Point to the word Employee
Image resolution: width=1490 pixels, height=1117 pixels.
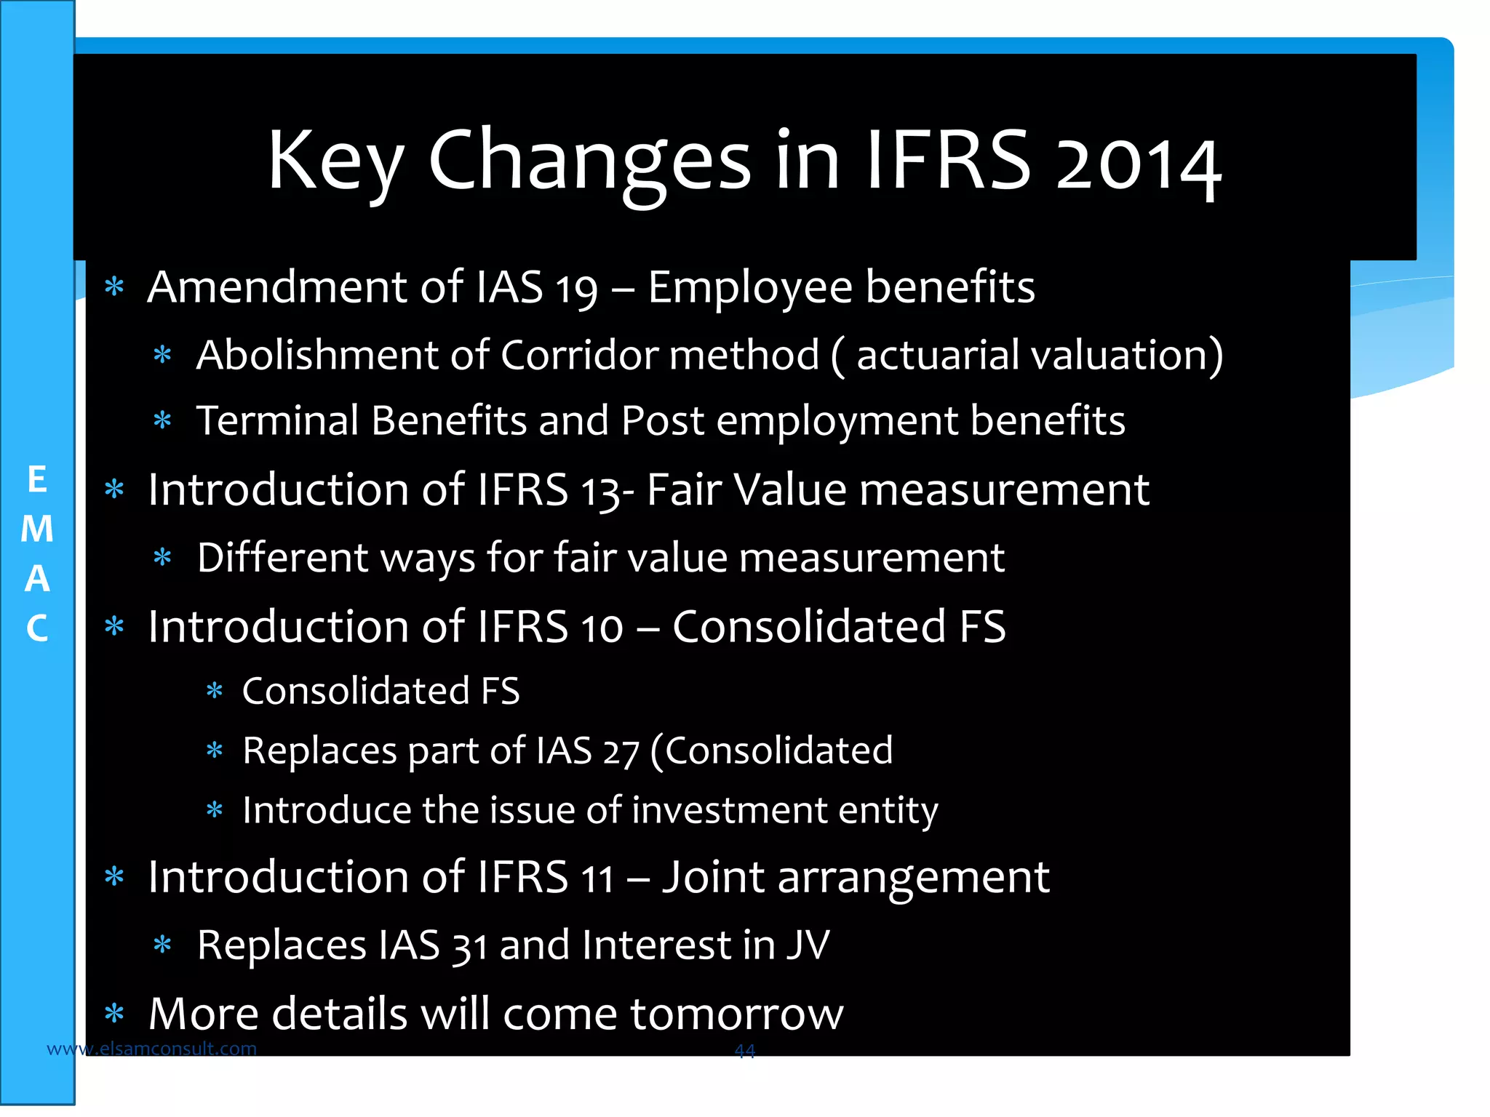coord(749,288)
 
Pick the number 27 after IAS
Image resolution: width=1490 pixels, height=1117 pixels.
coord(620,752)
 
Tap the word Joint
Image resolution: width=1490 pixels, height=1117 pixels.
coord(712,877)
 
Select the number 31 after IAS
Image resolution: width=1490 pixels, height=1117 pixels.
coord(469,947)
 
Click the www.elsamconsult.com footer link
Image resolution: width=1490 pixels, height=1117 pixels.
coord(151,1049)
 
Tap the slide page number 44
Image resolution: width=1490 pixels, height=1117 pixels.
coord(744,1050)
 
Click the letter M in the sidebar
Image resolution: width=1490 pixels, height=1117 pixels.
coord(37,529)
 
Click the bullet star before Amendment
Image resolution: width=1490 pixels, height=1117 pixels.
coord(114,287)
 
